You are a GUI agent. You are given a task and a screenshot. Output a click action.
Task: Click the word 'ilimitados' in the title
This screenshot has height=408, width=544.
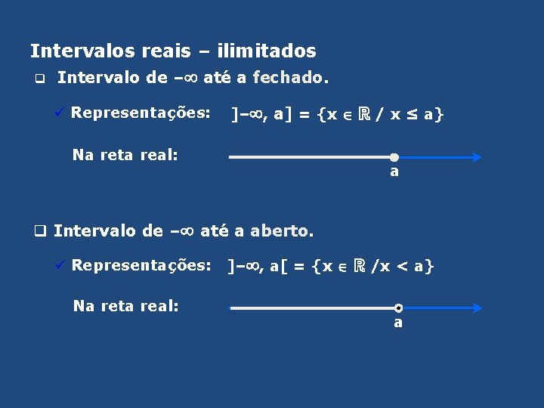[266, 51]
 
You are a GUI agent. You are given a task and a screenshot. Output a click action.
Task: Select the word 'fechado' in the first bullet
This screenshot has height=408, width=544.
[291, 77]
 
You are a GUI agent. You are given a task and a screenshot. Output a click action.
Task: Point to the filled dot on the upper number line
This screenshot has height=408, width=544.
[394, 157]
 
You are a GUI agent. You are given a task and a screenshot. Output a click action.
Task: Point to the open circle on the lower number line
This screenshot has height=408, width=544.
[398, 308]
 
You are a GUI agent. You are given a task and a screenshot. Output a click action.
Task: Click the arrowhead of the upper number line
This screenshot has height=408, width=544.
[474, 157]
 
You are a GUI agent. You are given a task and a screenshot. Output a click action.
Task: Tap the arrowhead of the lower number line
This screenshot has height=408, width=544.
[475, 308]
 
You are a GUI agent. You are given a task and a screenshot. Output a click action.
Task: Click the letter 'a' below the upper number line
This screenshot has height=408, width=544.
[394, 172]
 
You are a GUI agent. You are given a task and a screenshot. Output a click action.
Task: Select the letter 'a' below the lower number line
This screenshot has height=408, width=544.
[398, 323]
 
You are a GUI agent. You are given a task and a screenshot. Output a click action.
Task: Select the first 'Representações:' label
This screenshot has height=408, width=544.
[141, 113]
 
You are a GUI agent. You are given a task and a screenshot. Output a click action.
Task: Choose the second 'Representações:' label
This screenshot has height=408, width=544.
[141, 265]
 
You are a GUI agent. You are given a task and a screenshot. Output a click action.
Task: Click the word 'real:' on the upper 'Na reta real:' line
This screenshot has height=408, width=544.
[159, 155]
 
